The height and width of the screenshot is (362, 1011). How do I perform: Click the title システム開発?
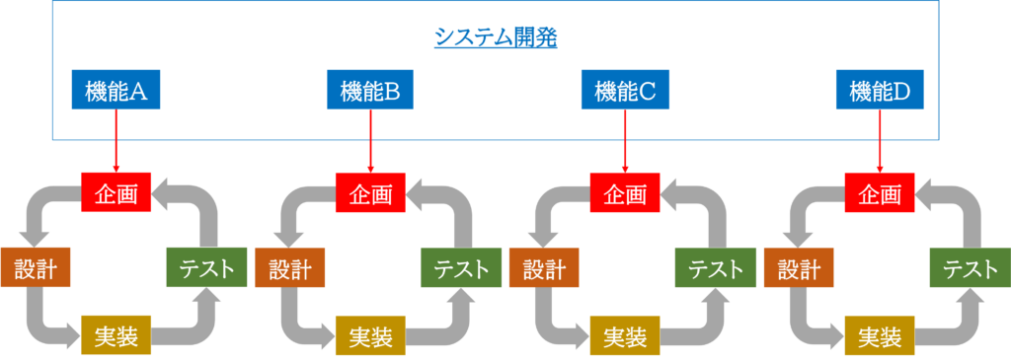coord(496,37)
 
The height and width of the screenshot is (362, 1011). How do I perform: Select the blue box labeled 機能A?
coord(117,92)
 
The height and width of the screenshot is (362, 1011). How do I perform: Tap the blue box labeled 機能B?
coord(370,92)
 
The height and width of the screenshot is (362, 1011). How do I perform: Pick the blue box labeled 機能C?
coord(625,92)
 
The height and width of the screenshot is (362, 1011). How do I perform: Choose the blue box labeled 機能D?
coord(880,92)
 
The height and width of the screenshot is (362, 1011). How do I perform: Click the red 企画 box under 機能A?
coord(117,192)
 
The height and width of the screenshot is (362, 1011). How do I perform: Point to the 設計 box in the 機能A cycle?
coord(36,268)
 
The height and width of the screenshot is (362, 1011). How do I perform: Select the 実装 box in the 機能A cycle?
coord(117,336)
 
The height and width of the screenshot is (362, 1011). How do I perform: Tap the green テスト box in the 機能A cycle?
coord(206,268)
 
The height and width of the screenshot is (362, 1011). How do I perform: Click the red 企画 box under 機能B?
coord(370,192)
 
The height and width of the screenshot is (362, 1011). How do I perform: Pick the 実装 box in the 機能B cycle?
coord(370,336)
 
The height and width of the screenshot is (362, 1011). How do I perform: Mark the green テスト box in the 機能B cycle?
coord(461,268)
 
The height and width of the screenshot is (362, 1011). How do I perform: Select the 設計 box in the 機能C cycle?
coord(545,268)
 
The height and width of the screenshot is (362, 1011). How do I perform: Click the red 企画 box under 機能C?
coord(625,192)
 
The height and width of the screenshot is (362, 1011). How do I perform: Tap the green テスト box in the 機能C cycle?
coord(716,268)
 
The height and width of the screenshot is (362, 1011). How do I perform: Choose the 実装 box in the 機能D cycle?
coord(880,336)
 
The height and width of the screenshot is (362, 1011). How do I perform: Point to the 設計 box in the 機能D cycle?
coord(800,268)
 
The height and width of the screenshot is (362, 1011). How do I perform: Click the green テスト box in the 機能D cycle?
coord(971,268)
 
